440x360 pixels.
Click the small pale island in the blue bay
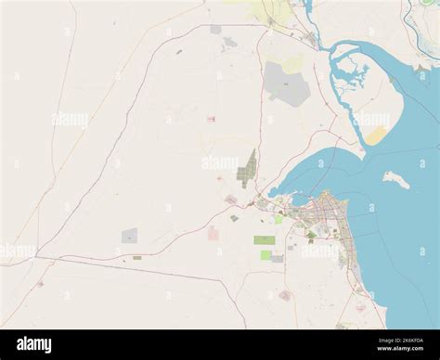tap(396, 179)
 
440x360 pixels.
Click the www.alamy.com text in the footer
tap(405, 350)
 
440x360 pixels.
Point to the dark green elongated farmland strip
tap(248, 168)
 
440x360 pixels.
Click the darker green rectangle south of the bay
tap(265, 239)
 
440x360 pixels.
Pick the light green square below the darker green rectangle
tap(267, 254)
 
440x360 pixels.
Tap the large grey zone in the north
tap(285, 84)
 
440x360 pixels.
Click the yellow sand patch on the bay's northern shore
tap(376, 135)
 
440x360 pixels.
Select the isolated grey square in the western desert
tap(130, 236)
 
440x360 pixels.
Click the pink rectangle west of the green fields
tap(214, 233)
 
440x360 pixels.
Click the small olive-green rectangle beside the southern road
tap(136, 257)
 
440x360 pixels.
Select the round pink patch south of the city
tap(285, 295)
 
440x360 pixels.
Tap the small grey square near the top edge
tap(215, 30)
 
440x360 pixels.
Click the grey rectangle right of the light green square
tap(278, 258)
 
